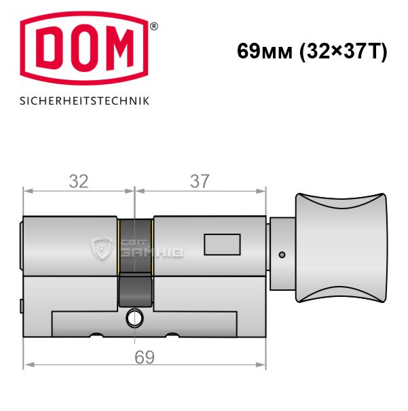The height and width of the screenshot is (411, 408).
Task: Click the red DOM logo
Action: point(84,48)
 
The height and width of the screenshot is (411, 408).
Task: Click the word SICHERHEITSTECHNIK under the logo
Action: point(85,101)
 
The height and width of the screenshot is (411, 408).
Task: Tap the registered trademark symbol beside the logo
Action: point(154,26)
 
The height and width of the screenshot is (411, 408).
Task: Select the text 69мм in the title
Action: point(265,51)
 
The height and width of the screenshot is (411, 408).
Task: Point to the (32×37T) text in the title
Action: point(344,52)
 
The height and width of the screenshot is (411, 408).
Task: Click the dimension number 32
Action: point(79,181)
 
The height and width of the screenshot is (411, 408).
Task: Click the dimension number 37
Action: point(200,181)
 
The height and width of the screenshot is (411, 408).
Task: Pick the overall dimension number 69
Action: point(145,357)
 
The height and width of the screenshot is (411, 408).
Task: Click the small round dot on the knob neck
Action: point(282,255)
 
